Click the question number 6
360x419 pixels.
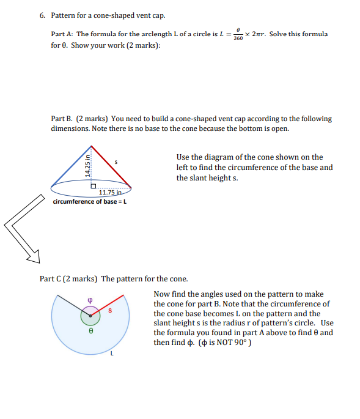coord(42,15)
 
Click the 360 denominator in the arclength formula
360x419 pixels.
coord(238,38)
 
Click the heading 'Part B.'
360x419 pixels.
coord(62,119)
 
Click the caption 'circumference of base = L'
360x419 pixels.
coord(90,202)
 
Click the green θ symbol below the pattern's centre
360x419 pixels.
coord(90,331)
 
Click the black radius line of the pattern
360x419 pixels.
coord(72,306)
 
